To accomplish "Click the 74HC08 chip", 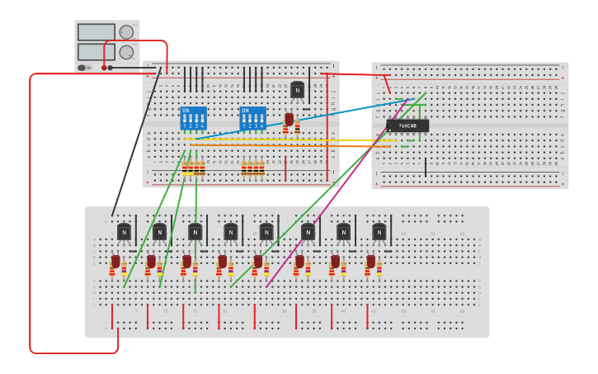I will pos(407,125).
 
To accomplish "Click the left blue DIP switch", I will pos(193,118).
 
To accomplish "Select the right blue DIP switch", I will pos(252,118).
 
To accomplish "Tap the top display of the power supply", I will pos(97,32).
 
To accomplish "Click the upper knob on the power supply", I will pos(126,32).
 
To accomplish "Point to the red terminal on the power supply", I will pos(104,68).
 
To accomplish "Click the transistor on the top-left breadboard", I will pos(297,89).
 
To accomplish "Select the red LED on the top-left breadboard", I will pos(289,120).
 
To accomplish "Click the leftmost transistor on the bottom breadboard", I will pos(124,232).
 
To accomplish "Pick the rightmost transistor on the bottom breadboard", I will pos(379,232).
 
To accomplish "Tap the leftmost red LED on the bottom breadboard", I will pos(115,262).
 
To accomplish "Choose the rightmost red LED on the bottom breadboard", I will pos(371,262).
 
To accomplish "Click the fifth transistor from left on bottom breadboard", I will pos(266,232).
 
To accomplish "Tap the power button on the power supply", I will pos(82,68).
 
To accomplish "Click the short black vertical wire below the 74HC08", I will pos(426,168).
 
